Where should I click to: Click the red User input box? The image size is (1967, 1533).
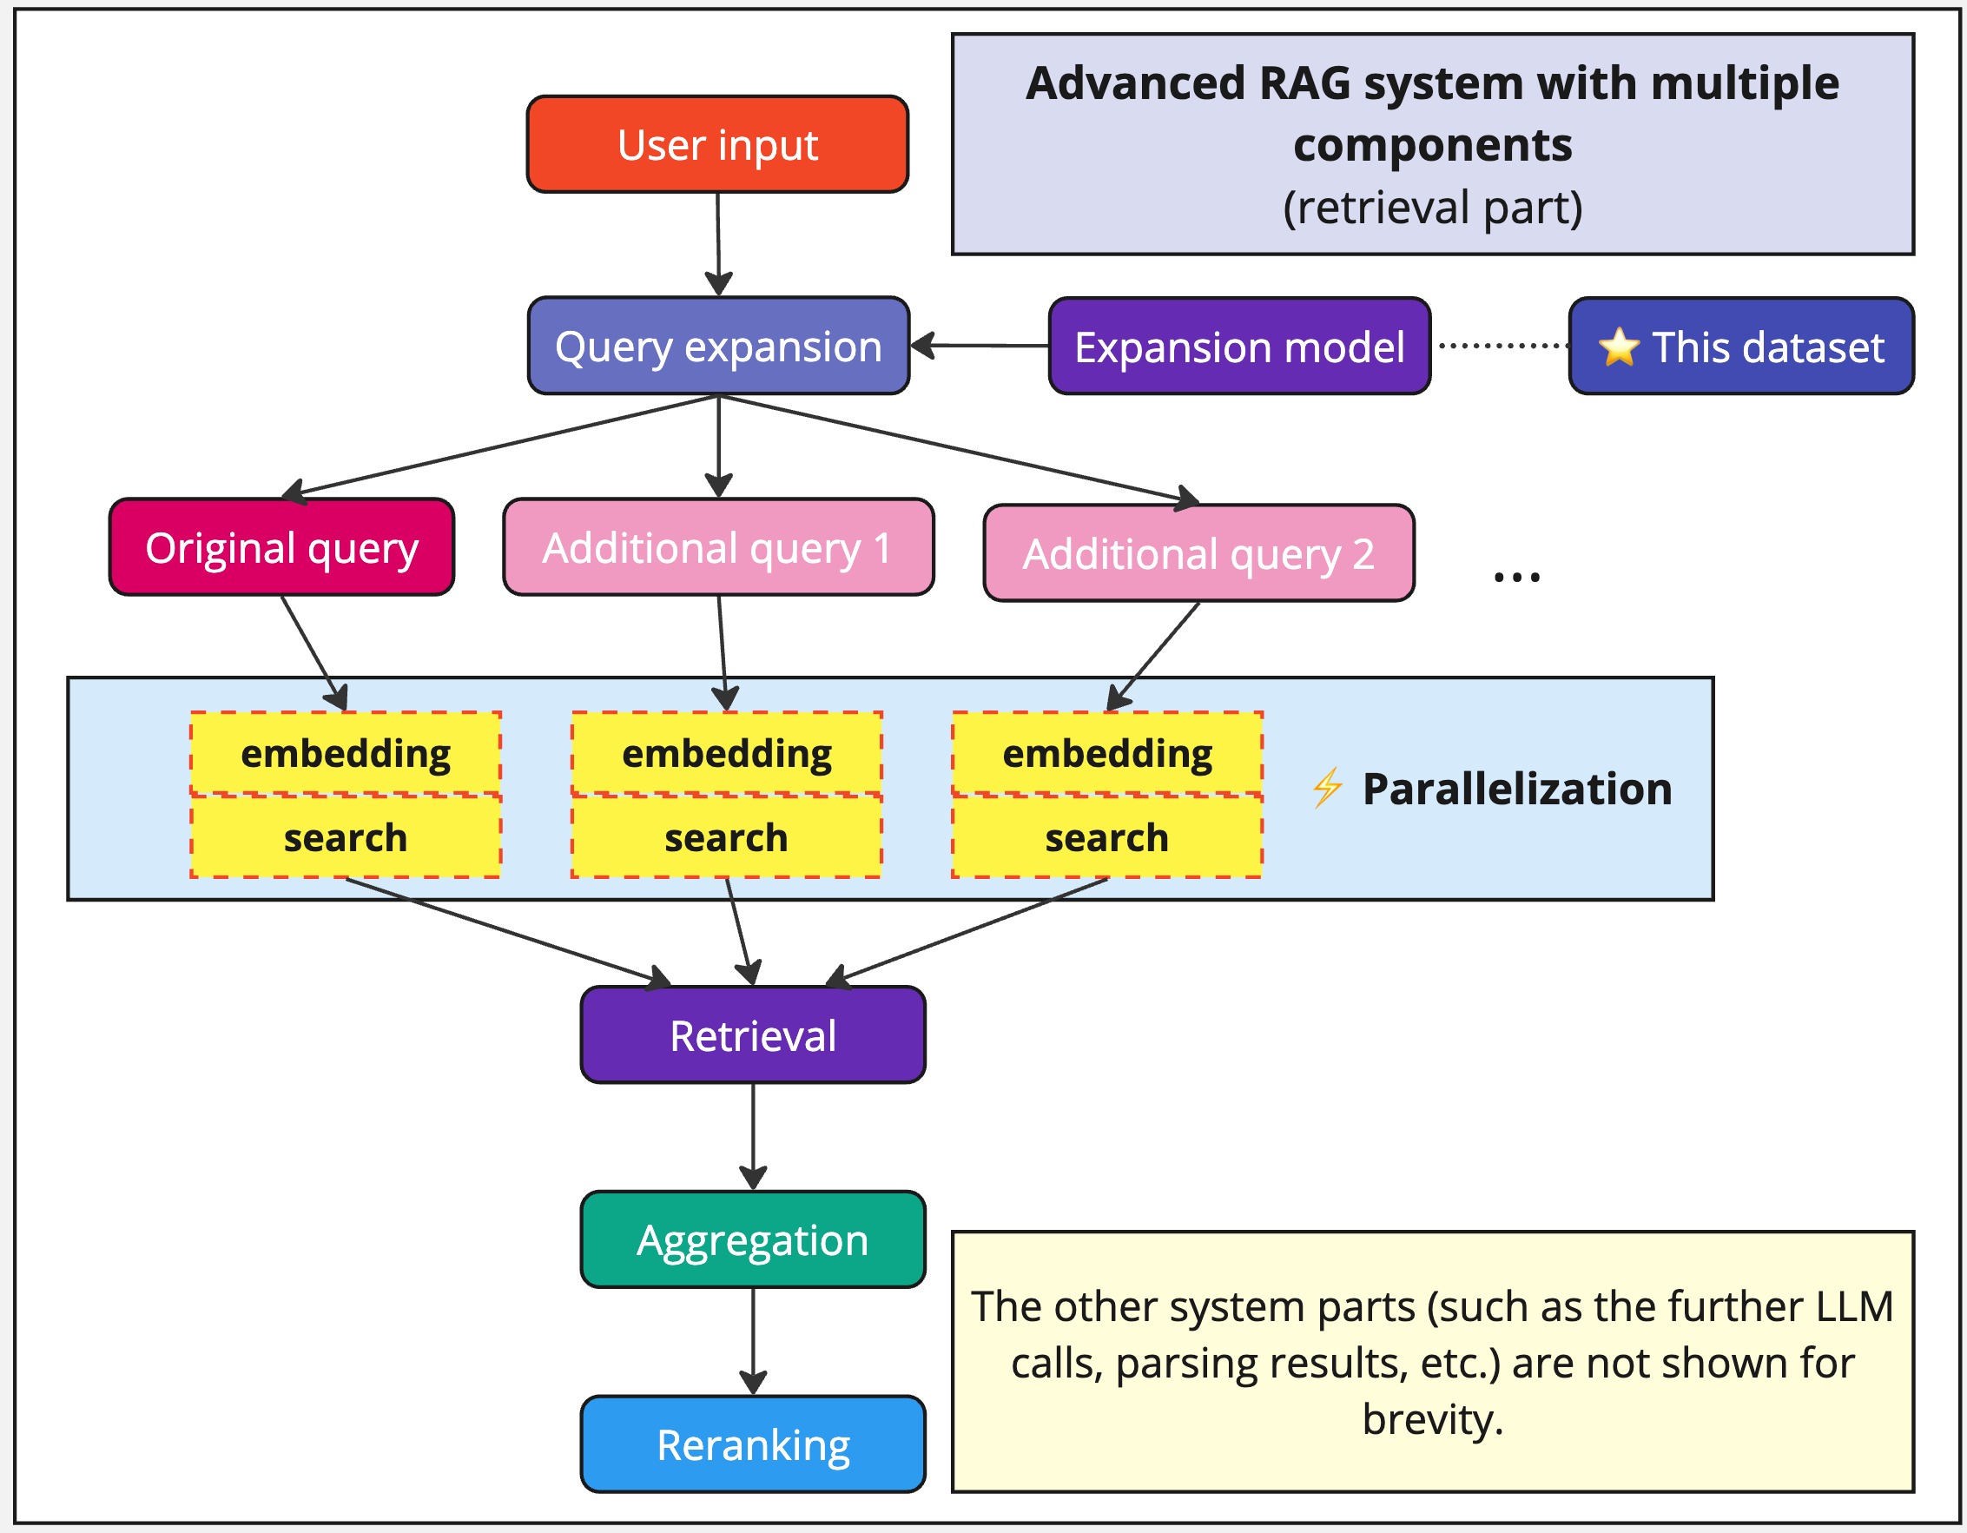pos(717,144)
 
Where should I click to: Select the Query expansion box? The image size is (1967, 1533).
pos(718,346)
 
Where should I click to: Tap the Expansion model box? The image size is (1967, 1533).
pos(1239,347)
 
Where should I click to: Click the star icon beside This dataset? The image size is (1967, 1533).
pos(1619,347)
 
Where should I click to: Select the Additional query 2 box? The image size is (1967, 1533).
pos(1198,553)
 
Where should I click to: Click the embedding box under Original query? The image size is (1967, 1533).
pos(346,753)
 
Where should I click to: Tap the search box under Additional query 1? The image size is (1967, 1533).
pos(726,837)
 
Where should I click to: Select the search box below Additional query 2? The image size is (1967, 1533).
pos(1107,837)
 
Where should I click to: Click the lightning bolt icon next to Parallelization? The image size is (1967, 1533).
pos(1327,788)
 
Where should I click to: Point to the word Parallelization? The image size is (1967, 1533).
pos(1516,789)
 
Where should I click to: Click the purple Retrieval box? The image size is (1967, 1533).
pos(753,1035)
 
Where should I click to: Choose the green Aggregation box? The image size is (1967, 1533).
pos(753,1239)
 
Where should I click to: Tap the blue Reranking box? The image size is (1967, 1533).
pos(753,1444)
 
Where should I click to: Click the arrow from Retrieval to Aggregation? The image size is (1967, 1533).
pos(753,1136)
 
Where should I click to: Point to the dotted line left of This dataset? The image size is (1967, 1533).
pos(1502,345)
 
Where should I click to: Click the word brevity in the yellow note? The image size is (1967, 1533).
pos(1432,1419)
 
